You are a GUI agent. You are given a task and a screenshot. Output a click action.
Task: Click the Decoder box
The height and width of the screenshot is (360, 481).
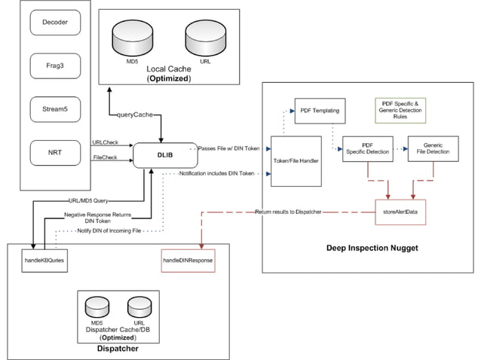click(x=55, y=23)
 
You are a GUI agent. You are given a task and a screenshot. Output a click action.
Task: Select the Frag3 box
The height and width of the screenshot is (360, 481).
click(x=55, y=66)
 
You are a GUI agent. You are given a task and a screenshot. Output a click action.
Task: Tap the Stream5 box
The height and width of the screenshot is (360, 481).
click(x=55, y=111)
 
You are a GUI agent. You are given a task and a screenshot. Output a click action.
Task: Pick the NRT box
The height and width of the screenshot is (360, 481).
click(x=55, y=154)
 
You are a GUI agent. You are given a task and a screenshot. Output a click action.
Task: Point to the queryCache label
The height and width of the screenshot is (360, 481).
click(x=136, y=115)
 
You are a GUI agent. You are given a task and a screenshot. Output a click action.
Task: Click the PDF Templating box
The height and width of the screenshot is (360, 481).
click(x=317, y=111)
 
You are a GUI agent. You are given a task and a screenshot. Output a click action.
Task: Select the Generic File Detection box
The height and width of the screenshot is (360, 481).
click(x=433, y=148)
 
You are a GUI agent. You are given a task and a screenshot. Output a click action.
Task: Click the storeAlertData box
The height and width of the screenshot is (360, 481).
click(x=400, y=212)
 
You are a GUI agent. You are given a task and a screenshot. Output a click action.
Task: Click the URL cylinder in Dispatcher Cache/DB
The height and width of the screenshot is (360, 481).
click(x=138, y=307)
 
